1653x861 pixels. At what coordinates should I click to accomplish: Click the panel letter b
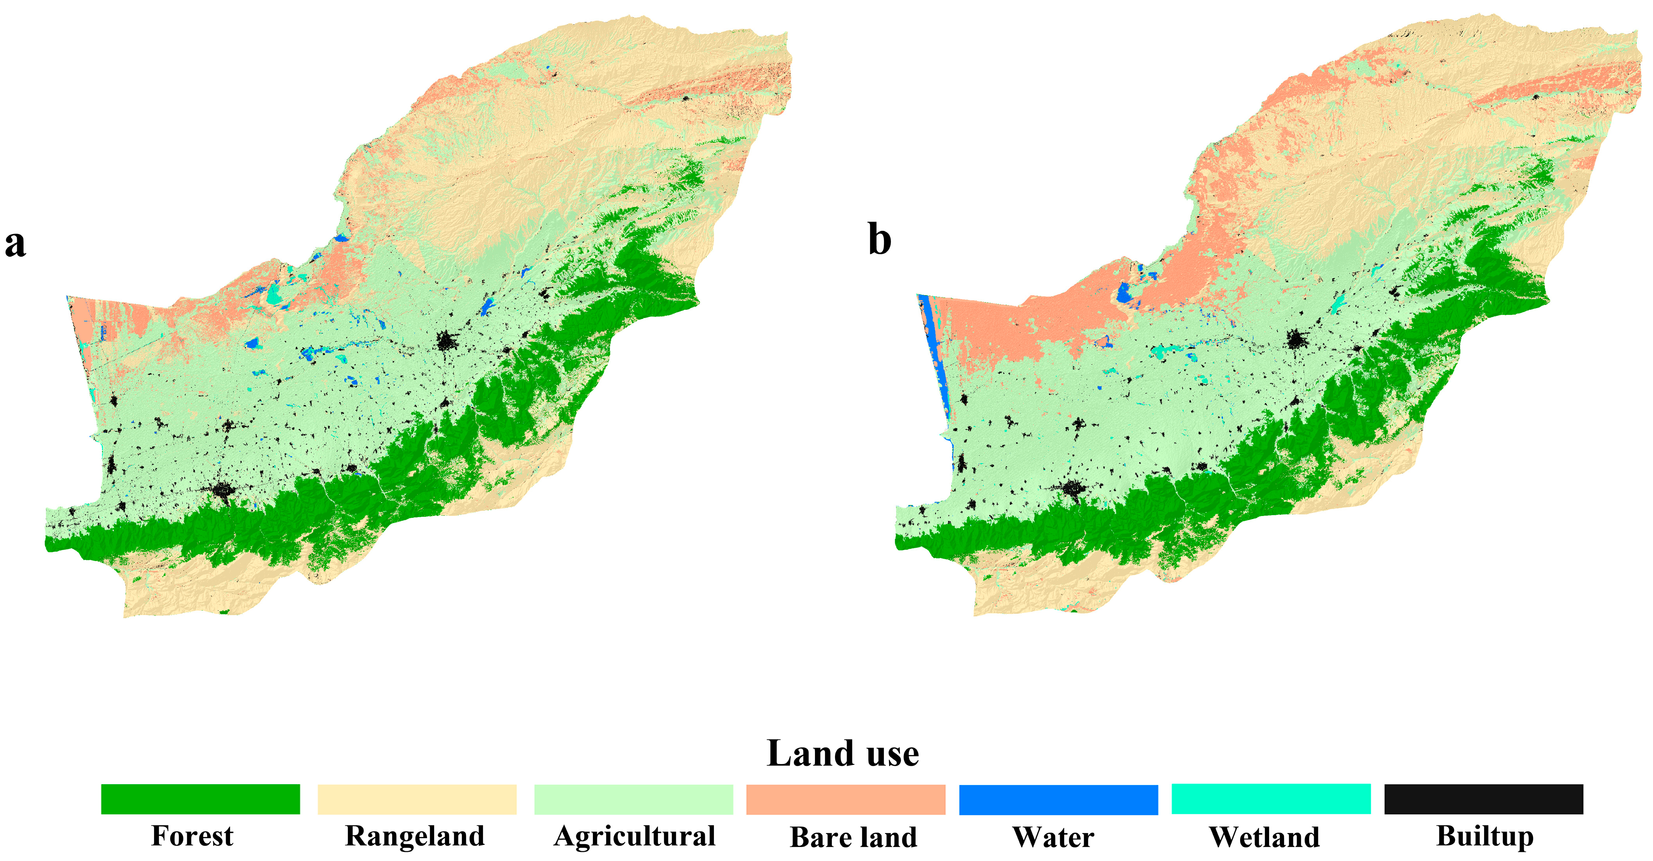click(880, 240)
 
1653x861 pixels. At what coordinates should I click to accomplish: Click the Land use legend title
click(842, 753)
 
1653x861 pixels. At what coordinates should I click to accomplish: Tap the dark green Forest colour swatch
click(200, 799)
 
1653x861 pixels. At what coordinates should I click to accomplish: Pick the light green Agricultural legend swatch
click(634, 799)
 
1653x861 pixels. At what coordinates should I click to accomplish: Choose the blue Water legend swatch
click(1058, 799)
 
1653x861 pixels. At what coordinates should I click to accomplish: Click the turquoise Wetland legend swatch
click(1271, 799)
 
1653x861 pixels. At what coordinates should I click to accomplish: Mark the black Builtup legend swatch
click(1483, 799)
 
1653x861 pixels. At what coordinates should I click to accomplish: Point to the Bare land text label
click(853, 837)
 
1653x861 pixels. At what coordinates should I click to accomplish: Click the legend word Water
click(1053, 837)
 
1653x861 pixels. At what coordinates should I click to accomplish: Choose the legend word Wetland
click(1264, 837)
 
